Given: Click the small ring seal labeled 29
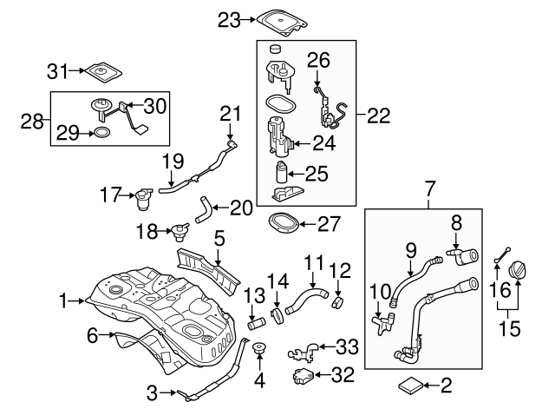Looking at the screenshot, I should (x=101, y=133).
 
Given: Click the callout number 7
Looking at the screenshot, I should (x=428, y=188).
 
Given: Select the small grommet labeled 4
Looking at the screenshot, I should (x=258, y=353).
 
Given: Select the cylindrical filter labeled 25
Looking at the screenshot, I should (x=281, y=171).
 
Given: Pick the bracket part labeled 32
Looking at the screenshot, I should (x=301, y=376).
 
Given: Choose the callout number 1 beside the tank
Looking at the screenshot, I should (x=62, y=301).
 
